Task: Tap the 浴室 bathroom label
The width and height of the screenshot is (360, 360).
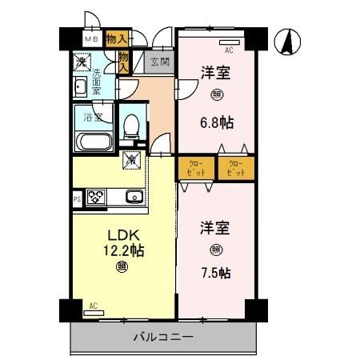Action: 93,118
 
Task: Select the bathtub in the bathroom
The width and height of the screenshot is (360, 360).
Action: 95,142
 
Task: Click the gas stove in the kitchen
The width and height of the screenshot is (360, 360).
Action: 97,197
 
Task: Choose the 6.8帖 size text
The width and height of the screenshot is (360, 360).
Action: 215,124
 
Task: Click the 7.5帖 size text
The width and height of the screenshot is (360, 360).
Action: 215,273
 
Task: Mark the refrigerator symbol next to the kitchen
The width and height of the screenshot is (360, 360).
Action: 130,162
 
